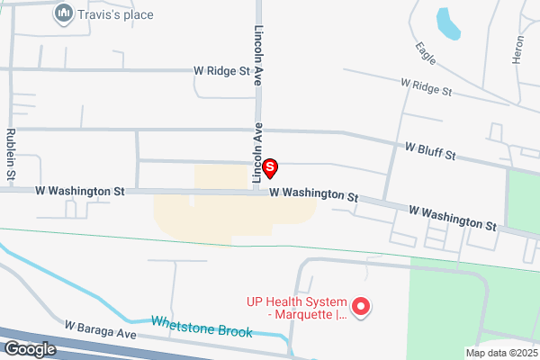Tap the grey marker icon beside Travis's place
pyautogui.click(x=63, y=13)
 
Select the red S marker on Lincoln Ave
pyautogui.click(x=269, y=167)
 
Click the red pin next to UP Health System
pyautogui.click(x=361, y=308)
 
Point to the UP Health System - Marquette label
pyautogui.click(x=296, y=309)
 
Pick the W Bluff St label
pyautogui.click(x=430, y=150)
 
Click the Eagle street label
pyautogui.click(x=427, y=53)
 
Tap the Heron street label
pyautogui.click(x=517, y=49)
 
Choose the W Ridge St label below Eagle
pyautogui.click(x=427, y=87)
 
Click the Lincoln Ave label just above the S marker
pyautogui.click(x=258, y=141)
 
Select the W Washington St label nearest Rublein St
pyautogui.click(x=79, y=191)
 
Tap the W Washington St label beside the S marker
pyautogui.click(x=313, y=193)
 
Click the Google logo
pyautogui.click(x=30, y=349)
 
